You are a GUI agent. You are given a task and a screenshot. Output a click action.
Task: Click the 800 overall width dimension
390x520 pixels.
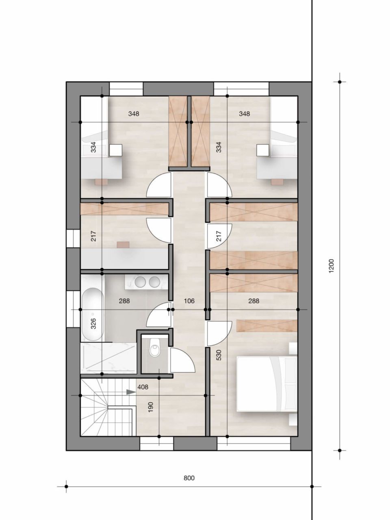click(189, 478)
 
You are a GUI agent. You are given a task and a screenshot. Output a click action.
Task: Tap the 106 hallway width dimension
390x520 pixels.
click(189, 301)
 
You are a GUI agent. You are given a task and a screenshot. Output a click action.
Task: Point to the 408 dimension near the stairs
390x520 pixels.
click(143, 387)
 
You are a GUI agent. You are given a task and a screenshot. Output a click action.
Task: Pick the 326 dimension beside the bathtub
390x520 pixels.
click(93, 323)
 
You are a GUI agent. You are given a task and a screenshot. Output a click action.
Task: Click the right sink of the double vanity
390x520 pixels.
click(154, 281)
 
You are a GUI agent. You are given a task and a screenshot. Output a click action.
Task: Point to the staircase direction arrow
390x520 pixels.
click(130, 392)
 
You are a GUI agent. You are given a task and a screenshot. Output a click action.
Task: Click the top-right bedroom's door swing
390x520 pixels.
click(218, 185)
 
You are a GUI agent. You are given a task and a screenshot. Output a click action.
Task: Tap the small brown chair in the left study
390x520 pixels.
click(122, 245)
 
